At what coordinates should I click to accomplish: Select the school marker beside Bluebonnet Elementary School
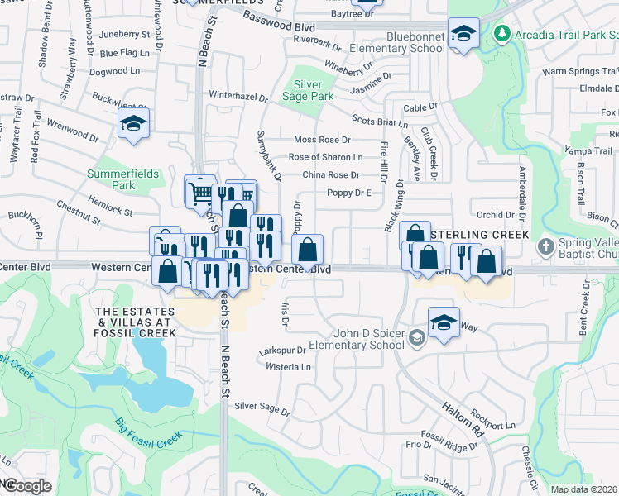[x=463, y=34]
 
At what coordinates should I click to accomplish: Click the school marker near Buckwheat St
[x=132, y=125]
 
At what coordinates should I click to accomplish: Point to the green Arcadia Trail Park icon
[x=501, y=34]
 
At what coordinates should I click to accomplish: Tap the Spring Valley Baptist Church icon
[x=545, y=247]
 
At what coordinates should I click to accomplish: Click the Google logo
[x=26, y=486]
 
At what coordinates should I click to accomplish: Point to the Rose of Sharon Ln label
[x=325, y=157]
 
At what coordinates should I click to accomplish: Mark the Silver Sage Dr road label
[x=262, y=407]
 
